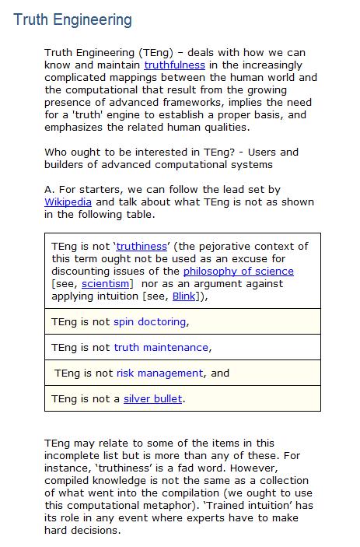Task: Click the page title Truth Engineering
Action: pyautogui.click(x=72, y=19)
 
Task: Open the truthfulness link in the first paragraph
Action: pyautogui.click(x=174, y=65)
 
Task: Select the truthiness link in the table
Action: pyautogui.click(x=142, y=246)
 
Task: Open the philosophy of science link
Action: pyautogui.click(x=238, y=271)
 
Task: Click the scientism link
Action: pyautogui.click(x=107, y=283)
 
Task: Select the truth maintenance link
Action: pyautogui.click(x=161, y=347)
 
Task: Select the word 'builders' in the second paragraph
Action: pyautogui.click(x=68, y=165)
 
